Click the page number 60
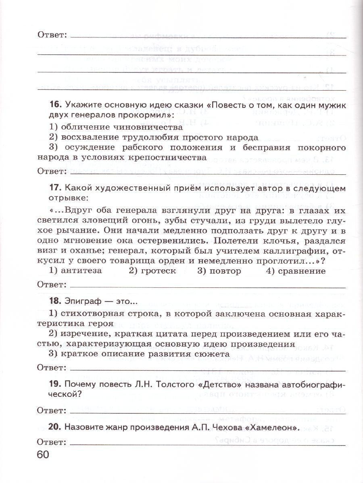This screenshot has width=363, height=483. (43, 455)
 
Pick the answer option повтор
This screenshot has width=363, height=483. (225, 271)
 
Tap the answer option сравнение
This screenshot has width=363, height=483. (300, 271)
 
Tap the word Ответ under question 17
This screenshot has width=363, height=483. (52, 285)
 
